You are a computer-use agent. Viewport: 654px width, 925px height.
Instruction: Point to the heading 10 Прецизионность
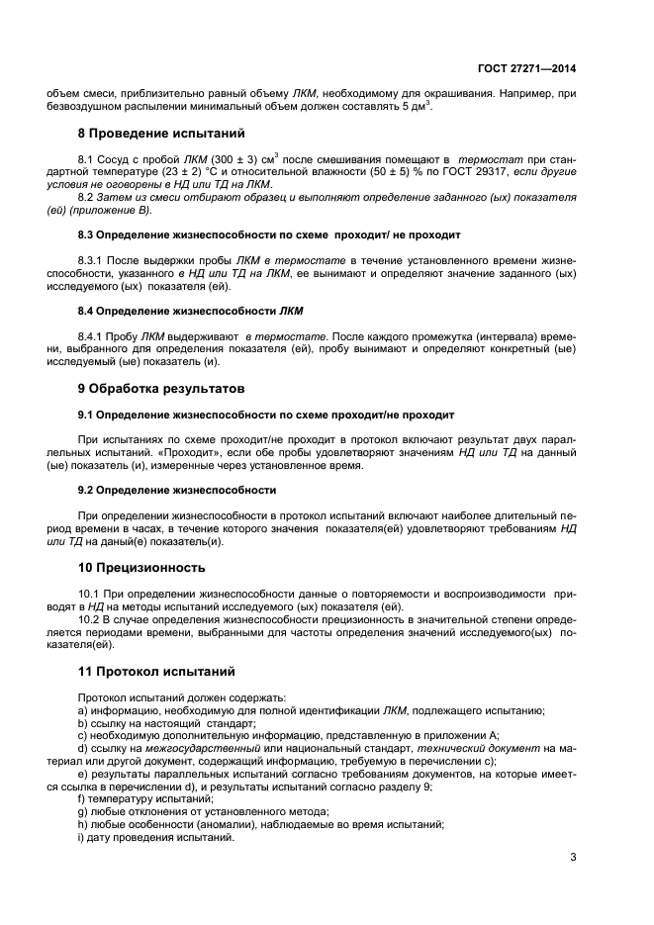pos(141,568)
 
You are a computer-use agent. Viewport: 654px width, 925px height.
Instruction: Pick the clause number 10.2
pos(90,618)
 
